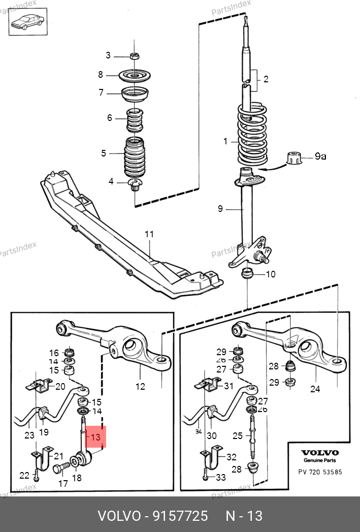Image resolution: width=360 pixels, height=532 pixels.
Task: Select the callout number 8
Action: tap(101, 75)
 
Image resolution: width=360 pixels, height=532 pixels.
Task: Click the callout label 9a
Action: tap(320, 157)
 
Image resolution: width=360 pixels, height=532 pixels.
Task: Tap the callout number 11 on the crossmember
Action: tap(149, 234)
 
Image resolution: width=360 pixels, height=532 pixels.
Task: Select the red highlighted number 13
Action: tap(96, 436)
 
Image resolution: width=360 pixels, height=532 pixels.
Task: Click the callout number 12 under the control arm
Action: tap(140, 387)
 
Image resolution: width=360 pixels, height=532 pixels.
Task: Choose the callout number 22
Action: tap(24, 476)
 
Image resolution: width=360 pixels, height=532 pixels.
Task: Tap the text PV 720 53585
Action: tap(319, 472)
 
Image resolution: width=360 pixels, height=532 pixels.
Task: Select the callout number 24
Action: tap(315, 390)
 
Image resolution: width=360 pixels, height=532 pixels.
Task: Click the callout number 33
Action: tap(220, 478)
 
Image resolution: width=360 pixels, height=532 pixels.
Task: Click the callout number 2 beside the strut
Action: tap(266, 79)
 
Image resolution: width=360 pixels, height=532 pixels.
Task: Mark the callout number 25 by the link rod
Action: tap(237, 435)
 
